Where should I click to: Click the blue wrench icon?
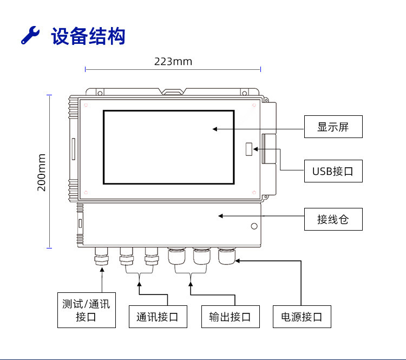[x=30, y=35]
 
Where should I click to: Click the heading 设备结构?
[x=88, y=36]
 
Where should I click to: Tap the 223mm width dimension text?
[x=173, y=62]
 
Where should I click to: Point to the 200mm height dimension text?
[x=42, y=173]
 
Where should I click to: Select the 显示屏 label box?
[x=333, y=127]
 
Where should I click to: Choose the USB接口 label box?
[x=333, y=171]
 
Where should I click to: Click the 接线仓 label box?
[x=333, y=219]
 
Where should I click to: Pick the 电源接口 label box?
[x=302, y=317]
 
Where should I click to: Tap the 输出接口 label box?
[x=231, y=317]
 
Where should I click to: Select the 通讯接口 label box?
[x=158, y=317]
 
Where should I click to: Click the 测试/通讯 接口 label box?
[x=87, y=310]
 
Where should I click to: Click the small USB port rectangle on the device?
[x=249, y=149]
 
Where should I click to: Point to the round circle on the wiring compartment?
[x=254, y=226]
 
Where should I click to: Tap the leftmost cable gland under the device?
[x=102, y=256]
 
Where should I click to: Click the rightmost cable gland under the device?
[x=227, y=256]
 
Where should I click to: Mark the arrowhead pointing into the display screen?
[x=215, y=129]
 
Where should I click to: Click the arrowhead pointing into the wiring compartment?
[x=221, y=216]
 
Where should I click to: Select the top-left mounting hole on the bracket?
[x=100, y=93]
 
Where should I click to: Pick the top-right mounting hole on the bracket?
[x=244, y=93]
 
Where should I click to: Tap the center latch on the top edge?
[x=173, y=91]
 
